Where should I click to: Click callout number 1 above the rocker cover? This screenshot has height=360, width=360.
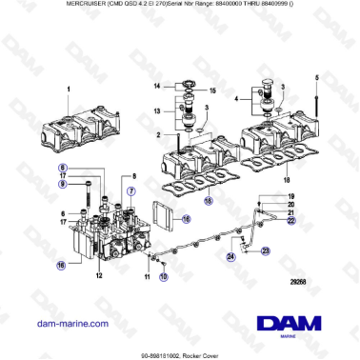tap(69, 89)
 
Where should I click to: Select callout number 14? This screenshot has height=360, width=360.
tap(158, 86)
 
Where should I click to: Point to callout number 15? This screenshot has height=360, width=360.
tap(213, 91)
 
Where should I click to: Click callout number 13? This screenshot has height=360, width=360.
tap(158, 111)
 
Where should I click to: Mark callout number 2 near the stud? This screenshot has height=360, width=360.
tap(162, 136)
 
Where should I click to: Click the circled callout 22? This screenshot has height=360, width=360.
tap(291, 221)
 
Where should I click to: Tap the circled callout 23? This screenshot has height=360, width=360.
tap(267, 250)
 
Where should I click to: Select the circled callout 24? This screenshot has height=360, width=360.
tap(230, 256)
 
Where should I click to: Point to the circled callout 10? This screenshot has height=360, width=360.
tap(162, 277)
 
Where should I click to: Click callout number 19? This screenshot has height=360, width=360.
tap(291, 195)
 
